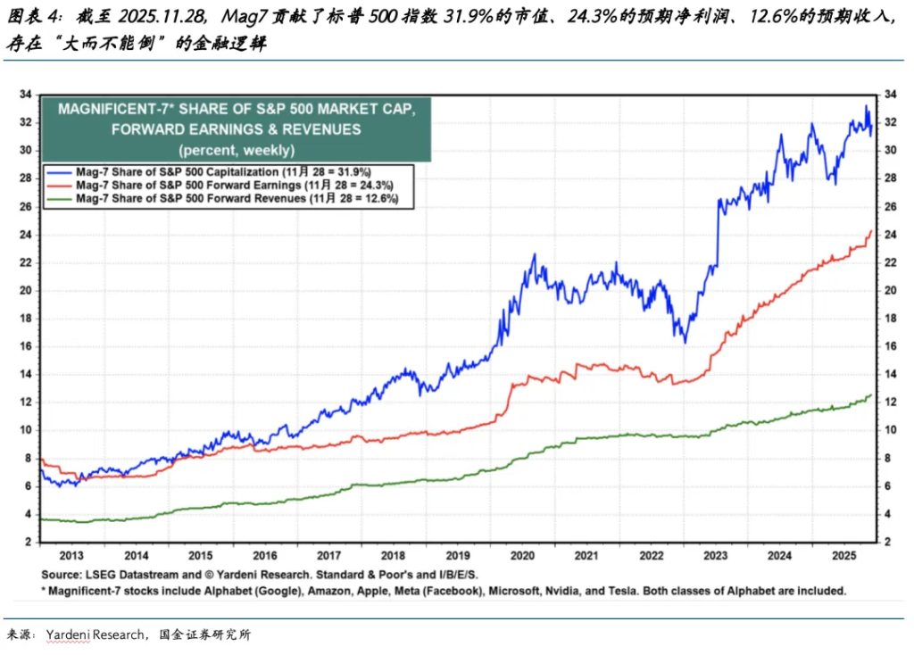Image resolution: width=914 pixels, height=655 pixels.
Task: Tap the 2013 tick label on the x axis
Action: coord(72,555)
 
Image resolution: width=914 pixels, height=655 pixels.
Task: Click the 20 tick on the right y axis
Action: coord(890,290)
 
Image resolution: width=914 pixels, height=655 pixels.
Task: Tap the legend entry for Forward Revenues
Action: coord(236,198)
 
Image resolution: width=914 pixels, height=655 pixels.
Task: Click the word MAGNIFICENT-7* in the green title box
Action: coord(113,109)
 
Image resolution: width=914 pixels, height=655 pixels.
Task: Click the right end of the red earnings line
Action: coord(871,230)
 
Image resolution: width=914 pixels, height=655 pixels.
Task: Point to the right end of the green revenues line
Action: coord(871,394)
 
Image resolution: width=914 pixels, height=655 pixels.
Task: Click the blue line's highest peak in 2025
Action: coord(866,107)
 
